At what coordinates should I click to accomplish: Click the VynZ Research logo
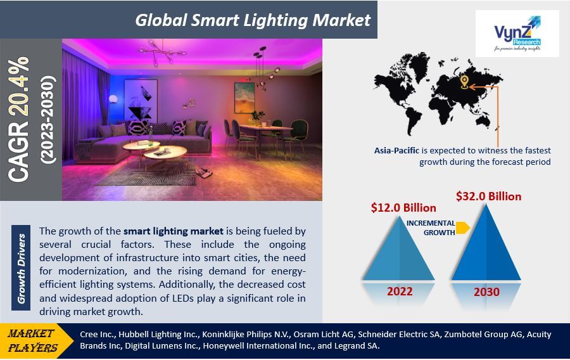[517, 34]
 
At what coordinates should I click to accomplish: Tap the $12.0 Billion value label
[403, 208]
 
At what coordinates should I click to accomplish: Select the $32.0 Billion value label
[488, 196]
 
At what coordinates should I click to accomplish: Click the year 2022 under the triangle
[400, 292]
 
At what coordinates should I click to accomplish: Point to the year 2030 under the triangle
[486, 292]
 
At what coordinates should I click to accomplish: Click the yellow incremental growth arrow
[463, 228]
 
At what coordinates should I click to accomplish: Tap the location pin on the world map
[464, 82]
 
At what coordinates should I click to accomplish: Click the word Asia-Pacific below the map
[396, 151]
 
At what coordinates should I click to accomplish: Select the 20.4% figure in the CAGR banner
[18, 87]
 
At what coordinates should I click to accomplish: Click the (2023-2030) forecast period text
[48, 120]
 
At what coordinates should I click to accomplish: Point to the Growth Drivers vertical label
[21, 268]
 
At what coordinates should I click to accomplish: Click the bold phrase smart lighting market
[174, 231]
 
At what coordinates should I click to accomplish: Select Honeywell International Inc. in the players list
[259, 346]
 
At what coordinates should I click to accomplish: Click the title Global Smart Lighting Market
[253, 20]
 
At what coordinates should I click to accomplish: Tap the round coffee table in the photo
[165, 153]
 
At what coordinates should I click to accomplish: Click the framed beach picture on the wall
[244, 98]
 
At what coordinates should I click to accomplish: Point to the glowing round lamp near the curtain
[113, 98]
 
